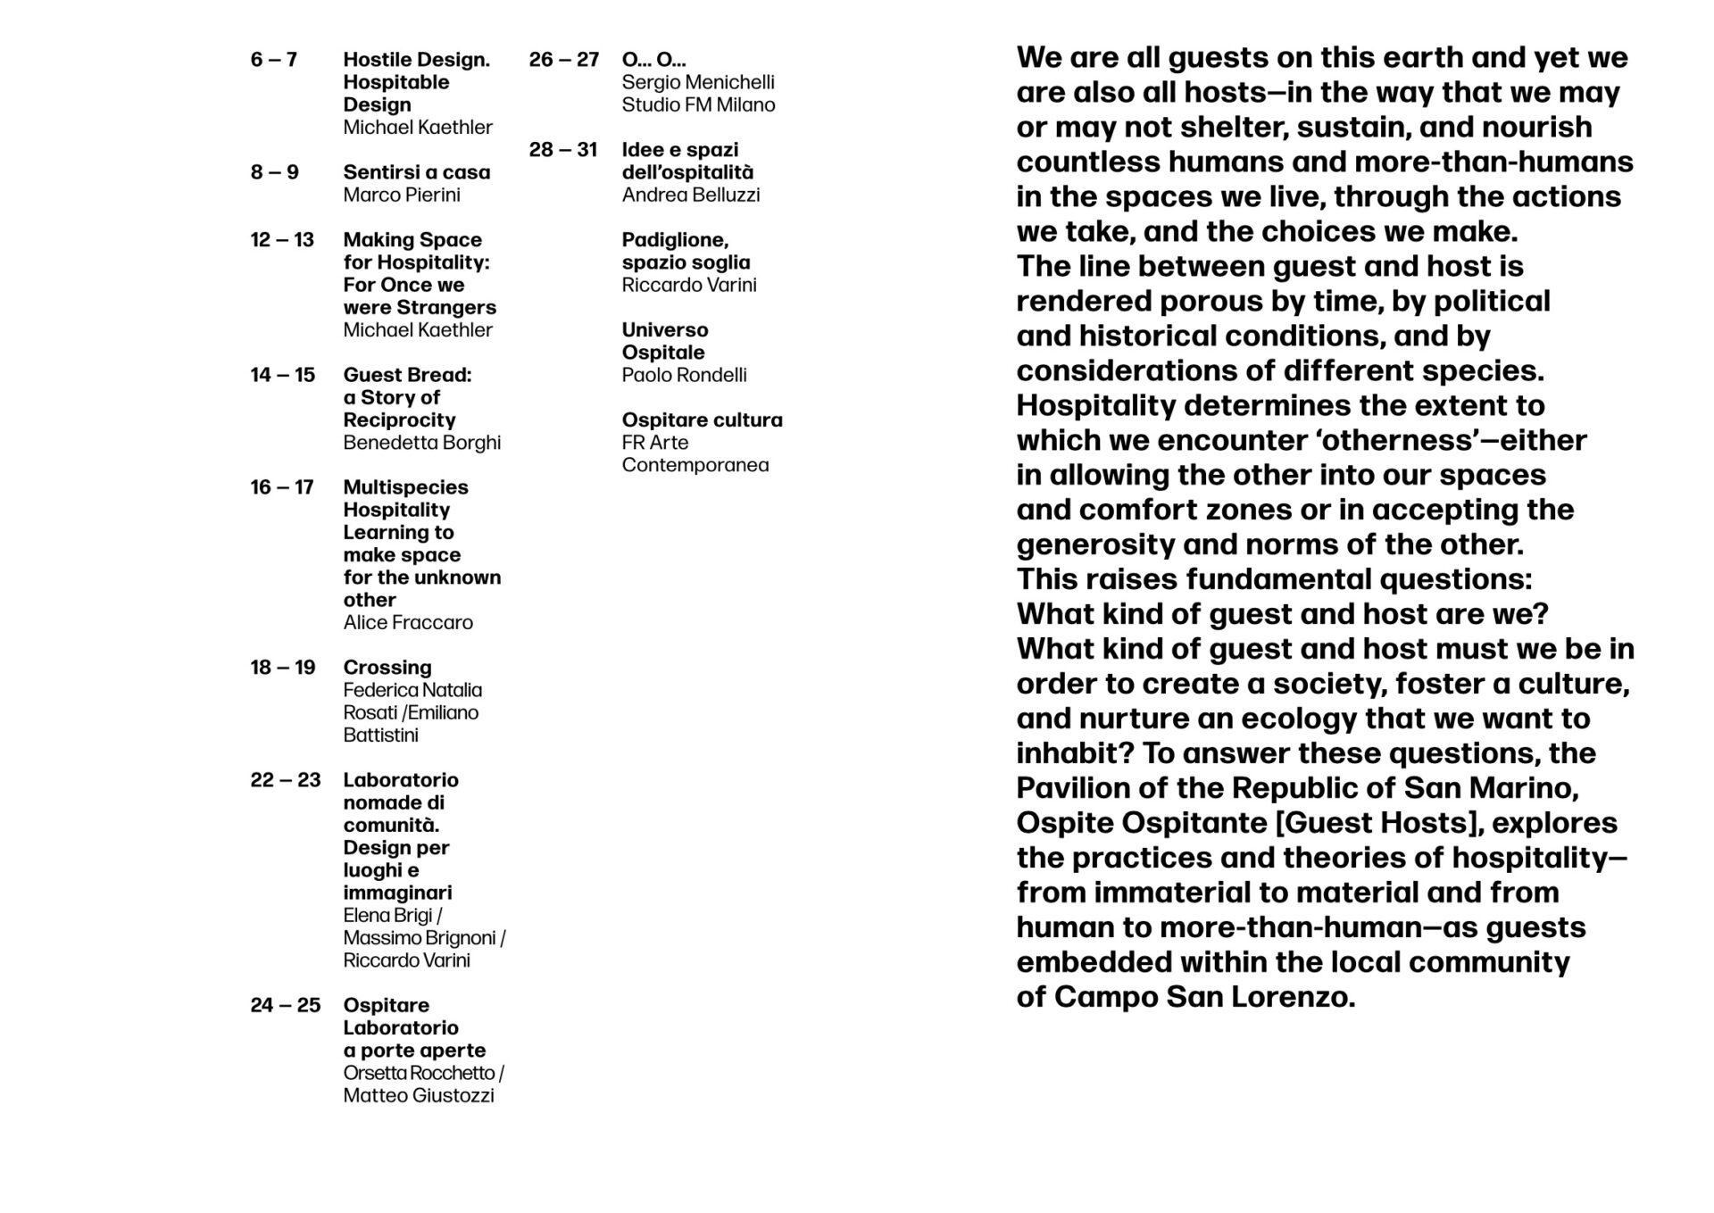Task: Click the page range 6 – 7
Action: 273,60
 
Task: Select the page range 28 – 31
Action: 562,150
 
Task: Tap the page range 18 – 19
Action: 282,668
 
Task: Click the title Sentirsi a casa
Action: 416,172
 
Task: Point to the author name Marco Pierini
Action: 401,195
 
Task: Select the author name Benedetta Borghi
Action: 421,443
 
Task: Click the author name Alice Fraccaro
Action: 407,623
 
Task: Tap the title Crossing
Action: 387,668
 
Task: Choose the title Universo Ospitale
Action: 664,341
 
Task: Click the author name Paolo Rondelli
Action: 684,375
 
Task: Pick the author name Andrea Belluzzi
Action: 690,195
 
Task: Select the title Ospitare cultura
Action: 702,420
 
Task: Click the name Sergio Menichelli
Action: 697,82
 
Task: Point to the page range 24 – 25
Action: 285,1005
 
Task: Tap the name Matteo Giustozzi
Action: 418,1095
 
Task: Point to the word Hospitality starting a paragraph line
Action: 1095,405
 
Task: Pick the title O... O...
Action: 653,60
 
